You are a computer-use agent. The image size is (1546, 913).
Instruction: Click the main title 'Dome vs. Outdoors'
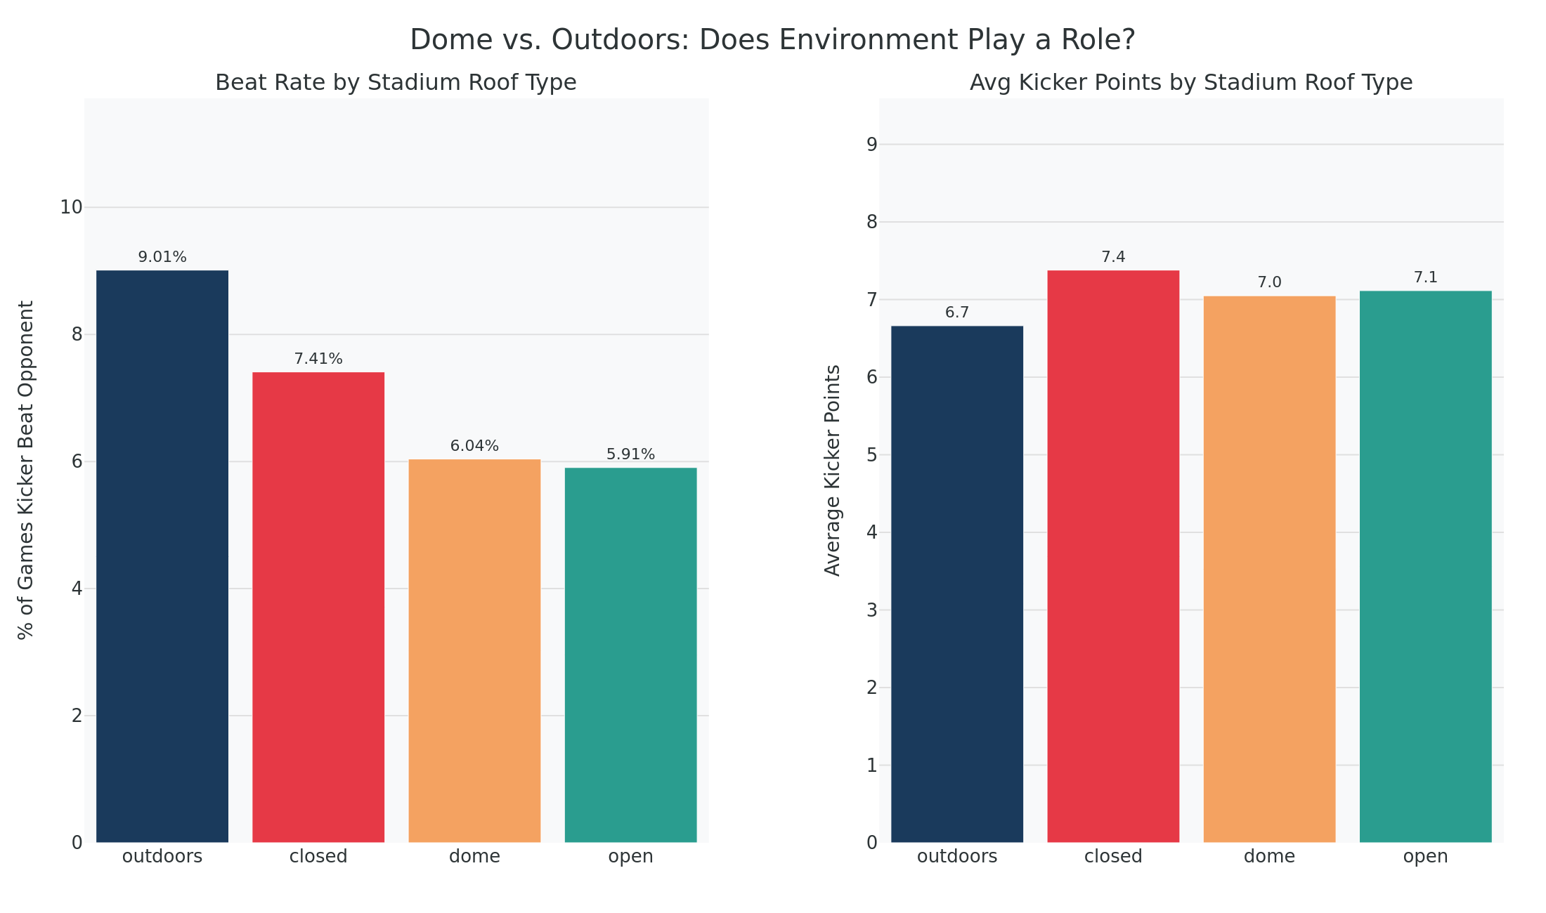(772, 40)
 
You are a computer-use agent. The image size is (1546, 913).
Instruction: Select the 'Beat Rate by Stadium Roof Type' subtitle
(396, 83)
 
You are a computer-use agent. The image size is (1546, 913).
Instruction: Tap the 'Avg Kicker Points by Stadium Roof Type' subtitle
(1190, 83)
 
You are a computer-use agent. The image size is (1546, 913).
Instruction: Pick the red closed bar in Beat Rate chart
(318, 607)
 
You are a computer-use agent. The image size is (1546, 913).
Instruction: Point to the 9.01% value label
(162, 257)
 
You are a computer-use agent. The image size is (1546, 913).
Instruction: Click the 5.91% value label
(630, 454)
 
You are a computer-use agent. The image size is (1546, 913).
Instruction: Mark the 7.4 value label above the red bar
(1113, 257)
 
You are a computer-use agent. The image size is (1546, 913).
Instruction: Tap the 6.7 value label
(957, 313)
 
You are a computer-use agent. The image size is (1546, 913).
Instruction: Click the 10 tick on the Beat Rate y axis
(71, 207)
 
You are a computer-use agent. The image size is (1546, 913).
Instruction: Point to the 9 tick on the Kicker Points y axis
(872, 145)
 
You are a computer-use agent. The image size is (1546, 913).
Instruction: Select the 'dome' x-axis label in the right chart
(1269, 857)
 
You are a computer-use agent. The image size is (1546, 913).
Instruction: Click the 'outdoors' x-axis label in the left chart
(162, 857)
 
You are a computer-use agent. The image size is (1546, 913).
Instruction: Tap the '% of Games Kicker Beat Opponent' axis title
(26, 470)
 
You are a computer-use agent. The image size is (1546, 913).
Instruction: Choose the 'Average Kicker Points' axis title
(833, 470)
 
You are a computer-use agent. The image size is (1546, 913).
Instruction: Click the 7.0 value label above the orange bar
(1269, 282)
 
